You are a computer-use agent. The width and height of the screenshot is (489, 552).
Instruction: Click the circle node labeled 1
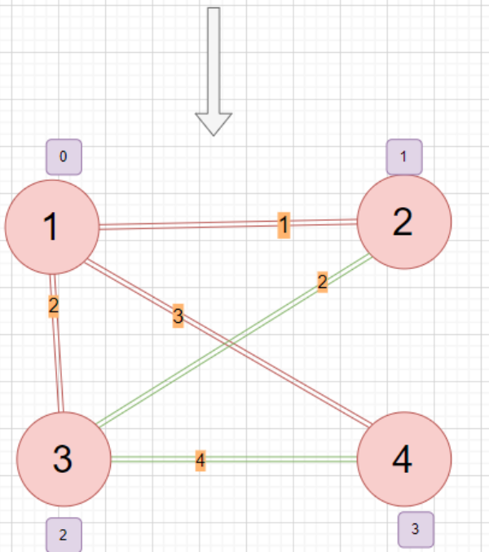point(52,227)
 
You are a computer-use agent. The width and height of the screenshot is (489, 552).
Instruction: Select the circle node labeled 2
point(403,221)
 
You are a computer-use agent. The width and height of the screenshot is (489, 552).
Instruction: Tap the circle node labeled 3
point(64,459)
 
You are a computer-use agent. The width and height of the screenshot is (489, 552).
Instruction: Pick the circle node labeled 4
point(403,461)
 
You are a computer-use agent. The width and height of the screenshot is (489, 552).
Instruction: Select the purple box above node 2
point(404,156)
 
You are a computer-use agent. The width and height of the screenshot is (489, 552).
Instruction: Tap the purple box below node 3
point(64,535)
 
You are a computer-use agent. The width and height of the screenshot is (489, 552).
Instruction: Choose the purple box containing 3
point(416,529)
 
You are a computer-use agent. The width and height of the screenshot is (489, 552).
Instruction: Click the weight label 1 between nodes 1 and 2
point(284,223)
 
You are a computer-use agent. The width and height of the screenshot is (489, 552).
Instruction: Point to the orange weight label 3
point(178,316)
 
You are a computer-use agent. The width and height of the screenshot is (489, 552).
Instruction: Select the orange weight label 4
point(200,460)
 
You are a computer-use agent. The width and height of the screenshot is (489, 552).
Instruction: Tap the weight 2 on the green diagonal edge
point(322,283)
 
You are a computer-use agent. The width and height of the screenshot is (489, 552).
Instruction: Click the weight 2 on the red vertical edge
point(53,307)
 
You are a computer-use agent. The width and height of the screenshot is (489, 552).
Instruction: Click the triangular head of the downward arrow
point(214,121)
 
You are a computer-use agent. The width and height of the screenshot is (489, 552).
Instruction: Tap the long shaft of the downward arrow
point(214,57)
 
